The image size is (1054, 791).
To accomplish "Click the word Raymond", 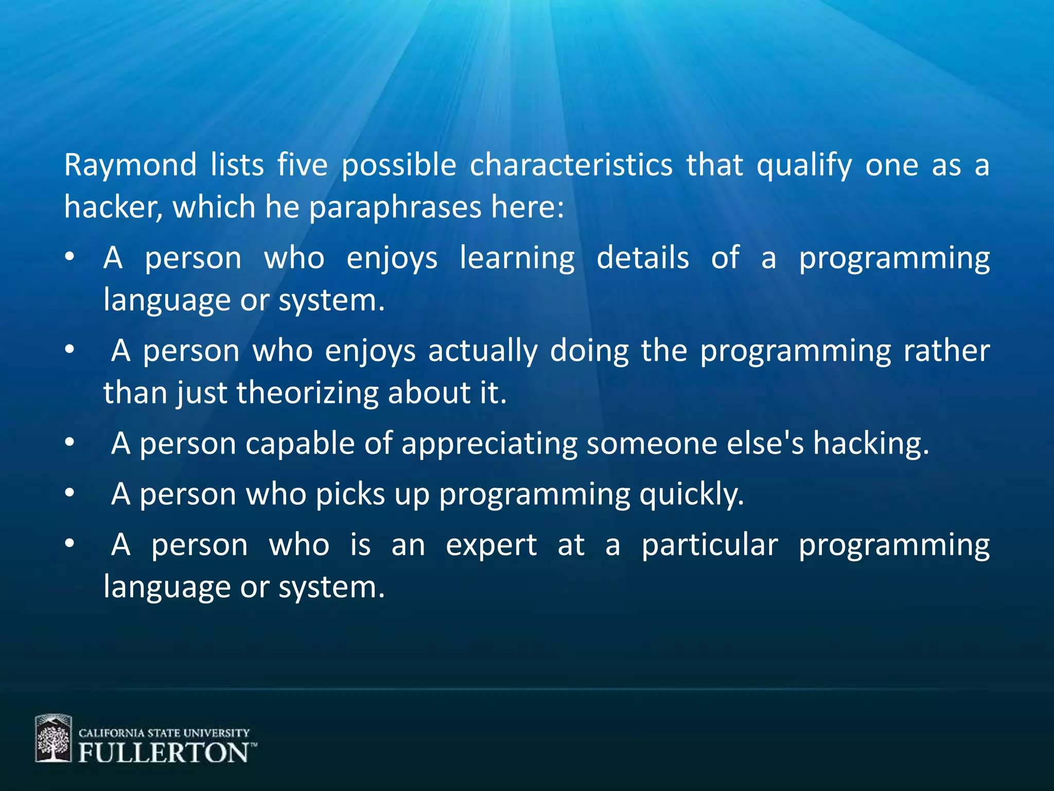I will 130,166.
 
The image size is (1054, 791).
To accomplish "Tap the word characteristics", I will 571,166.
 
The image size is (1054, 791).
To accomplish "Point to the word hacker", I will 112,208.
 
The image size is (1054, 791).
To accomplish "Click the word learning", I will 517,259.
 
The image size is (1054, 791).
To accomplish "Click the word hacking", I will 871,444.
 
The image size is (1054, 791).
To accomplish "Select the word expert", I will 491,545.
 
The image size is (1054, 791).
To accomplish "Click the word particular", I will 709,545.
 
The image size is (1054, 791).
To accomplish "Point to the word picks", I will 350,494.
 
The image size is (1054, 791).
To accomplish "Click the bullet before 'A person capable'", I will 70,442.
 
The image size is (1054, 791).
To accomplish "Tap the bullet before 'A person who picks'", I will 70,493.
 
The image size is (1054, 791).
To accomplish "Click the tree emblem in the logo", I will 53,738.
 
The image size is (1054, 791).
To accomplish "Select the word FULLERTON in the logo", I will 164,753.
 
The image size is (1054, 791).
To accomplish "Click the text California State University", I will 164,733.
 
